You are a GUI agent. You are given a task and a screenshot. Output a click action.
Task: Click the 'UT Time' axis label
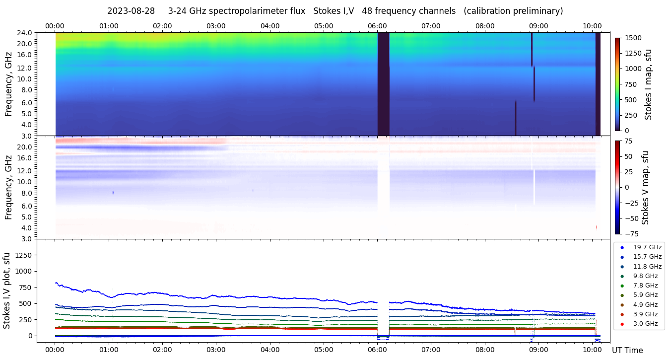[x=627, y=350]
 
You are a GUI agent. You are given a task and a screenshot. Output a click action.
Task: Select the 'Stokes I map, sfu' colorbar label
[x=648, y=84]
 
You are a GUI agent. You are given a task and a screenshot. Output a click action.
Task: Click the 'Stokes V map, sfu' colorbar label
[x=646, y=187]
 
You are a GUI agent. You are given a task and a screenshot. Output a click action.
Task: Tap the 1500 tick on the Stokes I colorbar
[x=632, y=38]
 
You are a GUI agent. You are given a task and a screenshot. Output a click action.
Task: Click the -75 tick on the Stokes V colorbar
[x=630, y=233]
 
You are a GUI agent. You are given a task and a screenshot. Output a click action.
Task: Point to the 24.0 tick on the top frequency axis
[x=25, y=33]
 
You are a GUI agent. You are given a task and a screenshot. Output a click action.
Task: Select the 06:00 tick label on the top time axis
[x=377, y=26]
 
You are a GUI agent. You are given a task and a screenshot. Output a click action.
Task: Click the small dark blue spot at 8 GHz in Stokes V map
[x=113, y=192]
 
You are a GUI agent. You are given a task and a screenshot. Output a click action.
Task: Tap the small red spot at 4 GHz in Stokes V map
[x=597, y=227]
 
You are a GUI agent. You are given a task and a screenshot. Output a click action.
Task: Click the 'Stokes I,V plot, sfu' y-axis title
[x=6, y=290]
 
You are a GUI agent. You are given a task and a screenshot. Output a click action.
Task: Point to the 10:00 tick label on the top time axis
[x=592, y=26]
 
